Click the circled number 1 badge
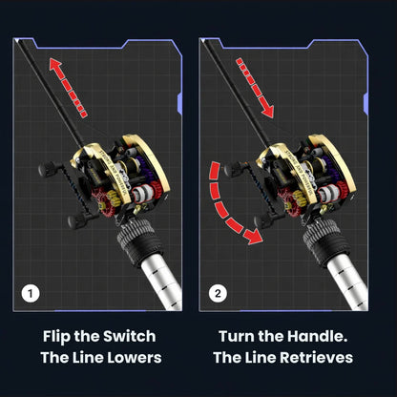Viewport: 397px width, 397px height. pyautogui.click(x=32, y=293)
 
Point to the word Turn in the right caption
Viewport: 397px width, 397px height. pyautogui.click(x=239, y=336)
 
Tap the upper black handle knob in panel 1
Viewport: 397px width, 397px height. pyautogui.click(x=46, y=170)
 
